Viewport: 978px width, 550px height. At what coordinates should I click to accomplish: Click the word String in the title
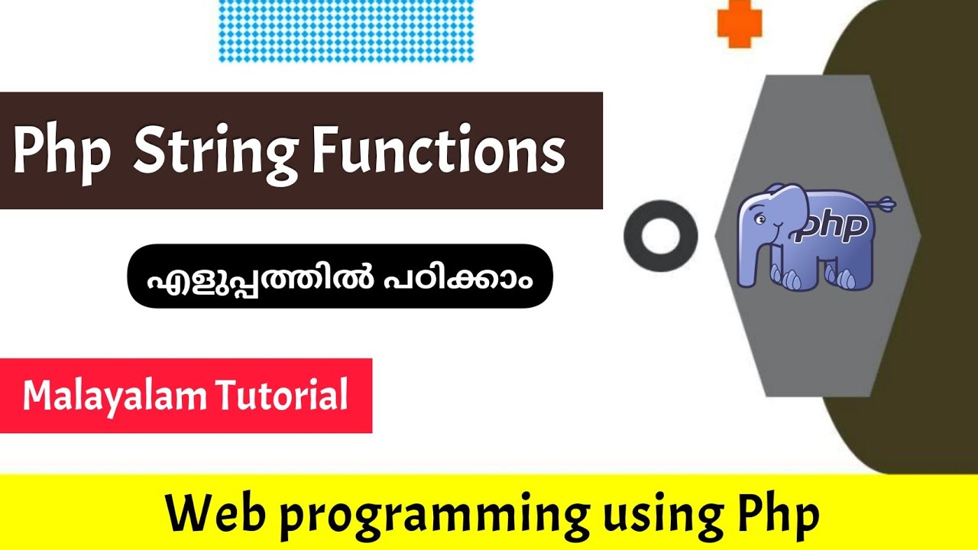coord(216,153)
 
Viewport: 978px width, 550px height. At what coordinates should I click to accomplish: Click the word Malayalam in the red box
coord(115,396)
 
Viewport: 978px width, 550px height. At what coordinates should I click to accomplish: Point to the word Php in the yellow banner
coord(778,516)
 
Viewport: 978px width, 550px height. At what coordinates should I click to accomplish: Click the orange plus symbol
coord(739,23)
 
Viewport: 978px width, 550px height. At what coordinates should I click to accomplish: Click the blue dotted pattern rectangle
coord(345,31)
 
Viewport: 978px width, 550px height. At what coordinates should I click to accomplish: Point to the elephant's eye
coord(761,219)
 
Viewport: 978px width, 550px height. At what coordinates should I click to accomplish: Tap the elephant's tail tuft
coord(886,203)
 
